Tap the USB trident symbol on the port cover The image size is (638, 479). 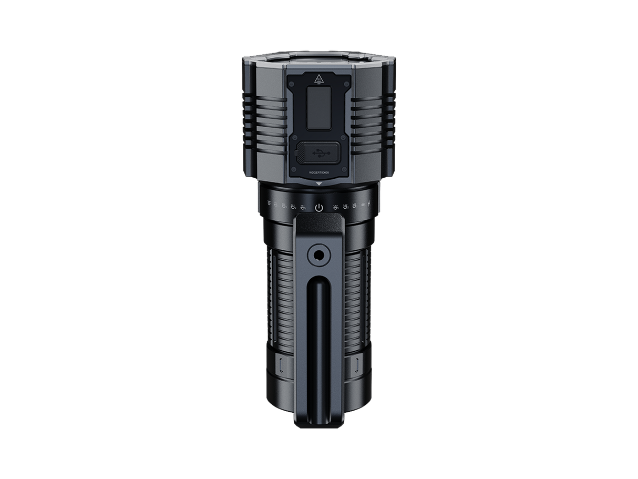[319, 154]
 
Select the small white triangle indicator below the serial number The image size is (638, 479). [319, 184]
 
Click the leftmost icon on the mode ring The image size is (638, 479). [269, 203]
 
